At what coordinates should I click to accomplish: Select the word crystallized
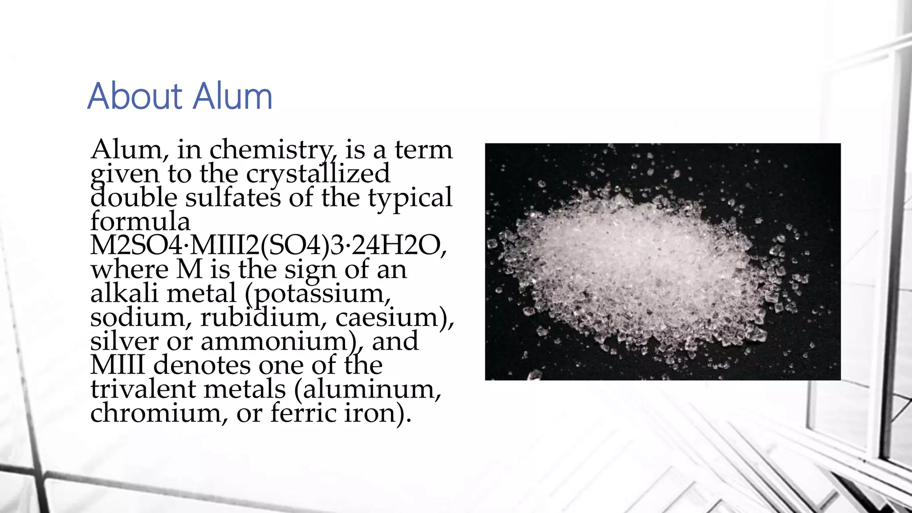318,174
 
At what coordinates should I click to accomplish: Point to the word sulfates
233,198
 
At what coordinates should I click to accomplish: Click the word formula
140,221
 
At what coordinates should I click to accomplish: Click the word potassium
321,294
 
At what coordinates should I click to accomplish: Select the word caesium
392,318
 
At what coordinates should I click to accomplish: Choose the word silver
124,342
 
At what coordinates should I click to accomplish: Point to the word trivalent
143,389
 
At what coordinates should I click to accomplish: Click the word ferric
303,413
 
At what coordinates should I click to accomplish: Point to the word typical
410,199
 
